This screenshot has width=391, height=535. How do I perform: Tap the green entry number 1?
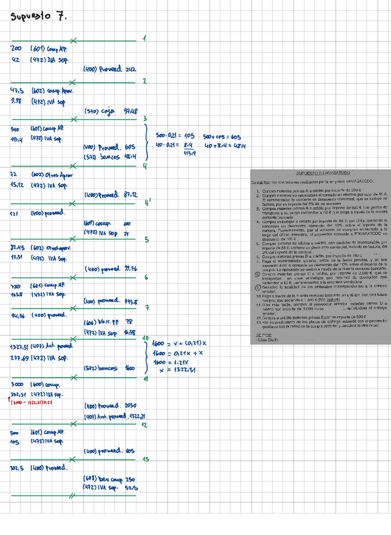pyautogui.click(x=145, y=39)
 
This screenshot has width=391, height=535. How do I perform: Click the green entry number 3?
pyautogui.click(x=145, y=119)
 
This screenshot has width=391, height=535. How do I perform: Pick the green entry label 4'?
pyautogui.click(x=147, y=203)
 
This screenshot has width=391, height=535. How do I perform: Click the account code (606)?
pyautogui.click(x=91, y=322)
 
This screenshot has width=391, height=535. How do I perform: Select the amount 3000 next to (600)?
pyautogui.click(x=17, y=384)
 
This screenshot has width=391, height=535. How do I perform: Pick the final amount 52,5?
pyautogui.click(x=132, y=488)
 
